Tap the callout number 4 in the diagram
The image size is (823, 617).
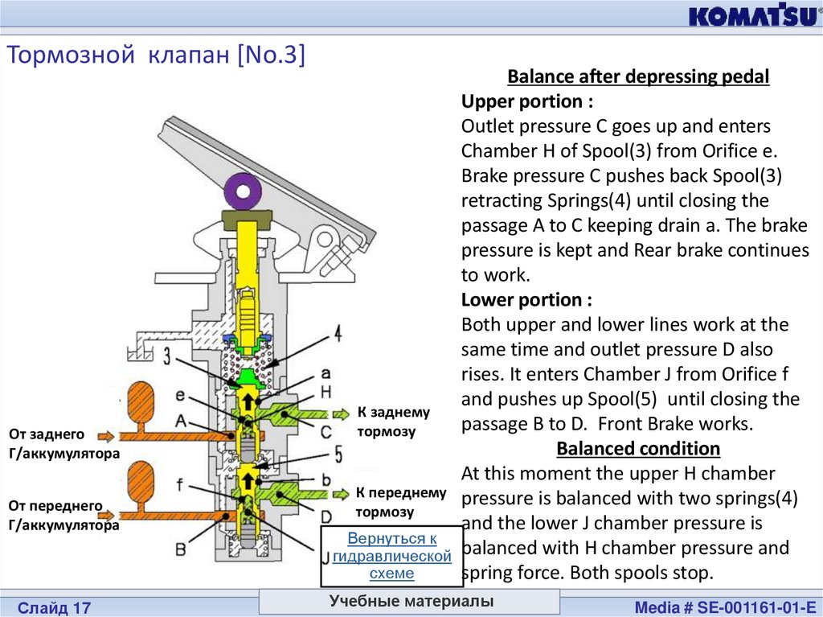[x=338, y=332]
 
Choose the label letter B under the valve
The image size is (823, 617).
[x=181, y=549]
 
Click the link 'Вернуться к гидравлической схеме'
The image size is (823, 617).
[x=391, y=556]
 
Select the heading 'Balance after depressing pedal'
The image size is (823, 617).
[x=638, y=77]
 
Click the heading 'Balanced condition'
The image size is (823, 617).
[x=638, y=448]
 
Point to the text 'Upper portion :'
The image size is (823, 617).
[x=527, y=101]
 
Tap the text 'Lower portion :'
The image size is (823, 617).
[x=526, y=300]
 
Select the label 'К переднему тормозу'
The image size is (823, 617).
[x=400, y=502]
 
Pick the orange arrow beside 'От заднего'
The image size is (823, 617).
[x=106, y=435]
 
